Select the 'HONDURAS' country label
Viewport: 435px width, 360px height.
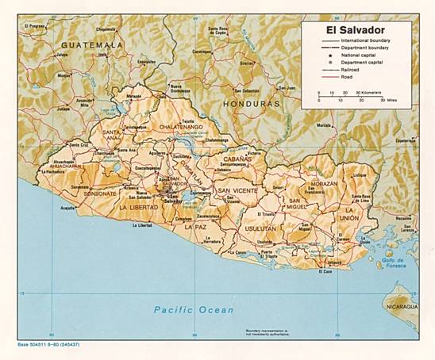[252, 104]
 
